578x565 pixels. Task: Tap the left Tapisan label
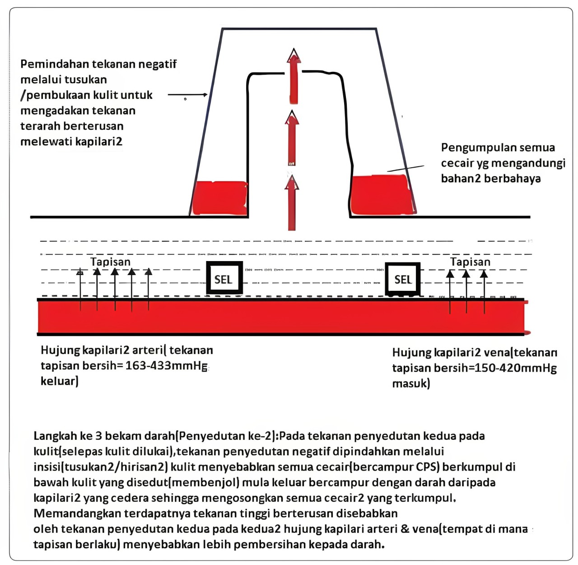[x=111, y=261]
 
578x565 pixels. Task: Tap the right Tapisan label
[x=470, y=261]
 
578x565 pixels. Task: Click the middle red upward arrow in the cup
[x=292, y=138]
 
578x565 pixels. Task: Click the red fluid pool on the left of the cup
[x=220, y=197]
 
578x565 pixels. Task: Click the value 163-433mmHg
[x=166, y=365]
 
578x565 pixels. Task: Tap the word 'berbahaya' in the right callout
[x=513, y=178]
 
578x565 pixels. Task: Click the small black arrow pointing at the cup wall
[x=188, y=95]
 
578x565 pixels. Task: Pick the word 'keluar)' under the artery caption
[x=60, y=381]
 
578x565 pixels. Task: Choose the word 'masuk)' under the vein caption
[x=411, y=383]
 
